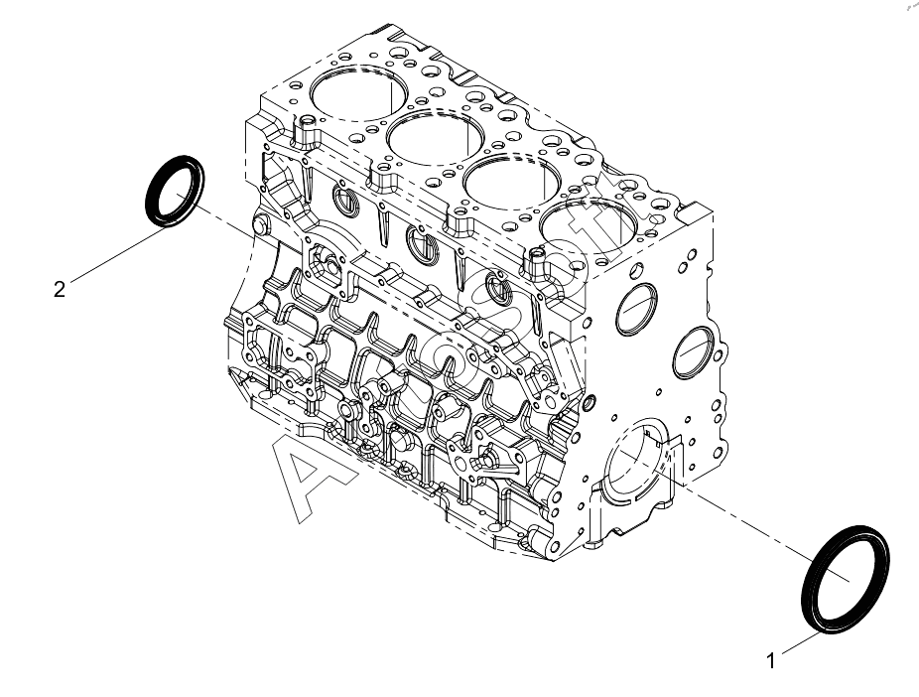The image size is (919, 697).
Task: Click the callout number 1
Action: point(771,657)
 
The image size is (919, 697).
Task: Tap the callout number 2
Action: point(60,289)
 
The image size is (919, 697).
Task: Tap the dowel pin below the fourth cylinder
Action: point(539,263)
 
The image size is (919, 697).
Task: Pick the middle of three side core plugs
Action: point(421,242)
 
